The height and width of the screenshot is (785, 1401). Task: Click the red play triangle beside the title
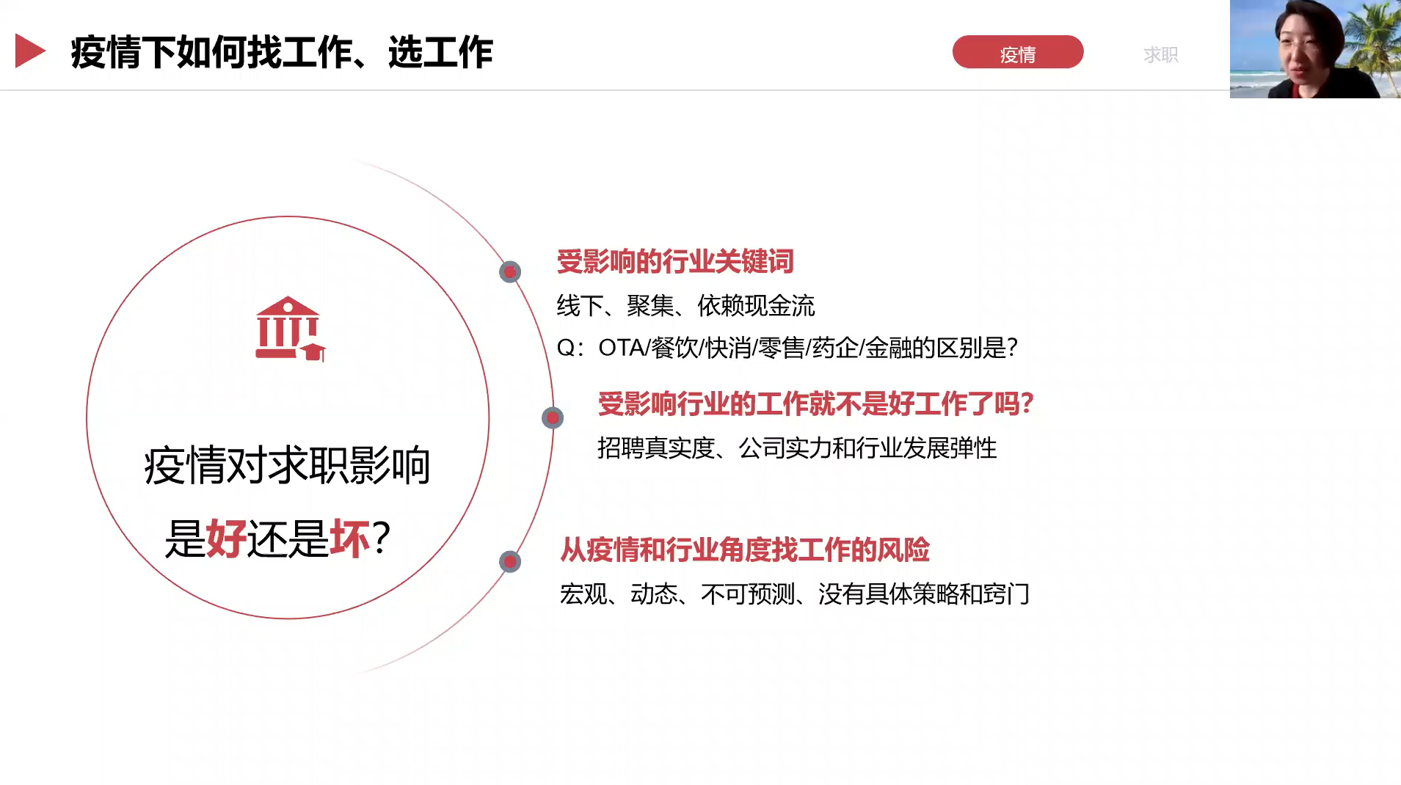pos(30,51)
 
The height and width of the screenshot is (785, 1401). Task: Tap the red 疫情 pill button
pos(1017,52)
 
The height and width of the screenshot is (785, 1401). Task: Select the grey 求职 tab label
pos(1160,54)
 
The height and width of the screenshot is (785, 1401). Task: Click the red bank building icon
pos(290,329)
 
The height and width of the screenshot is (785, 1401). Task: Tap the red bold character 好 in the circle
pos(227,538)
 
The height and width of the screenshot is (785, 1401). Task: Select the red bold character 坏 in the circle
pos(350,538)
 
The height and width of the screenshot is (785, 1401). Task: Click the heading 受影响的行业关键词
pos(675,261)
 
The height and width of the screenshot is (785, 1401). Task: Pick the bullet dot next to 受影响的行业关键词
pos(510,272)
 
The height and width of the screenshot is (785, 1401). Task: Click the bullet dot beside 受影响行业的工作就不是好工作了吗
pos(553,418)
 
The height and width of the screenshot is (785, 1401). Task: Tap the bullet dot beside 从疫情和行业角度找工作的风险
pos(510,562)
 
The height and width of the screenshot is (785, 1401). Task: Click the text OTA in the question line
pos(621,348)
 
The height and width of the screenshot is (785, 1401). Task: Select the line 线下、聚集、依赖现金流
pos(685,306)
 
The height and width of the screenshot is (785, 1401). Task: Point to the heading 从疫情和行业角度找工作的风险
pos(745,549)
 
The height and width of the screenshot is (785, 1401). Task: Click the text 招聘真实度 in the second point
pos(656,448)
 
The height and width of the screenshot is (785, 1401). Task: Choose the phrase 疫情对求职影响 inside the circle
pos(287,465)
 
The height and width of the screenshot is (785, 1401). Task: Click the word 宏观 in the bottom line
pos(583,594)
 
